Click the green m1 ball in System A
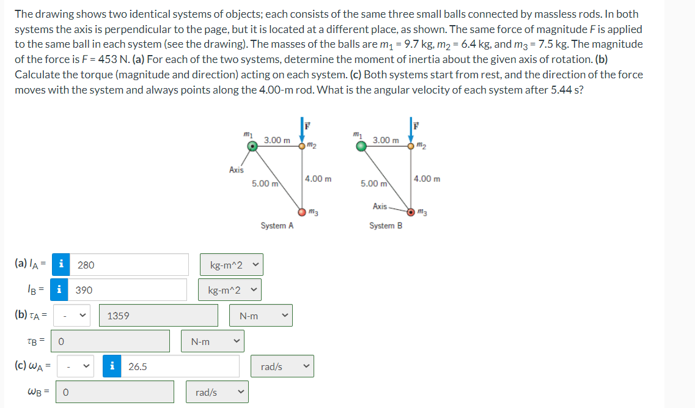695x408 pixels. pyautogui.click(x=252, y=146)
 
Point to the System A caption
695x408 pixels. pyautogui.click(x=277, y=226)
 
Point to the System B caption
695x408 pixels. pyautogui.click(x=386, y=226)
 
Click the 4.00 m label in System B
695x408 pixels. pyautogui.click(x=427, y=179)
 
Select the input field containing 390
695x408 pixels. pyautogui.click(x=129, y=290)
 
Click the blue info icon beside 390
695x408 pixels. pyautogui.click(x=59, y=290)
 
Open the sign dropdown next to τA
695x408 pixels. pyautogui.click(x=74, y=316)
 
